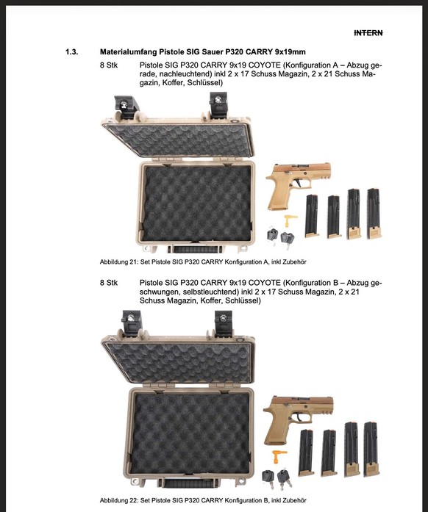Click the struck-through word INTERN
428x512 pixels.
pyautogui.click(x=368, y=33)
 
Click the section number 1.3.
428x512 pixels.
pyautogui.click(x=72, y=52)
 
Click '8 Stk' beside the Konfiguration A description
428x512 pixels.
pyautogui.click(x=108, y=65)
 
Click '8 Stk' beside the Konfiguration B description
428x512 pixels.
pyautogui.click(x=108, y=283)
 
